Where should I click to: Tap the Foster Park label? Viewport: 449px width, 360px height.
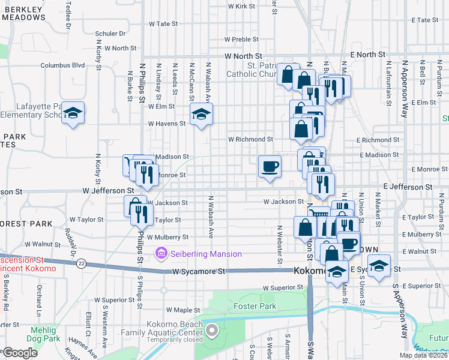(255, 307)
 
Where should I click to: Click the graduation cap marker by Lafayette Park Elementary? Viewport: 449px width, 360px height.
(73, 113)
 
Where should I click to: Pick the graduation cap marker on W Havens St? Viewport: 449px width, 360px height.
(201, 114)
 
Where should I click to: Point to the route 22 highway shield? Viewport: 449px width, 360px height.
(82, 264)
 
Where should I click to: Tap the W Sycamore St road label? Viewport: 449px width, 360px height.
(198, 272)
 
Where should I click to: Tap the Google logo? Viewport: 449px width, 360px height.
(19, 353)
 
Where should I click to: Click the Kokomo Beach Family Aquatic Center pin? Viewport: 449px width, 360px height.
(212, 331)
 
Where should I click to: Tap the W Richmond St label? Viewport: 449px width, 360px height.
(250, 139)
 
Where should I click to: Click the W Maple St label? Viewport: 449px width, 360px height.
(183, 310)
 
